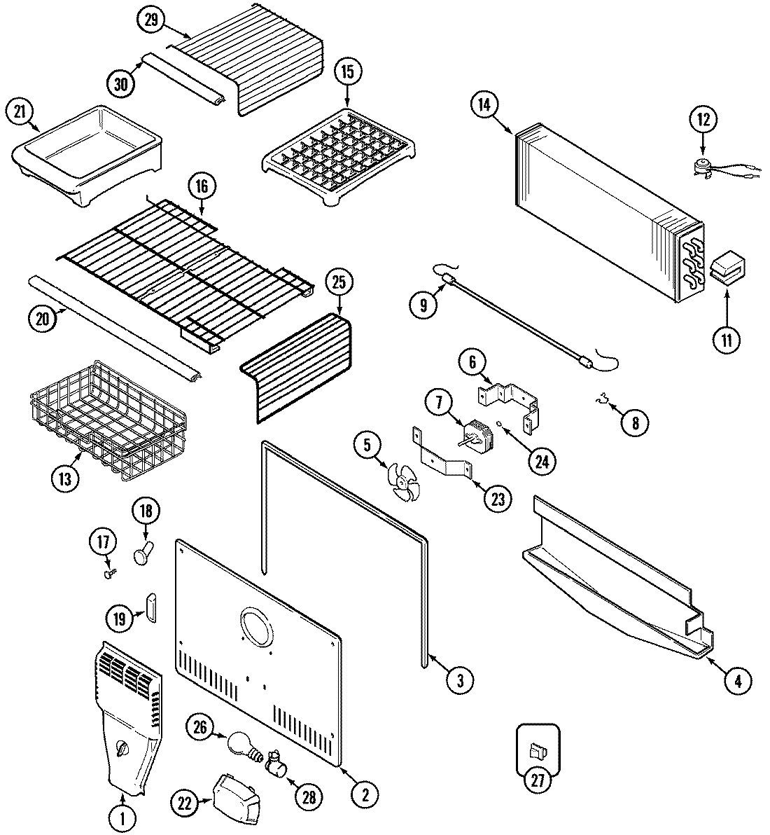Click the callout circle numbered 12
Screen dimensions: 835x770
703,119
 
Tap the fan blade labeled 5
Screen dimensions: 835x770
404,481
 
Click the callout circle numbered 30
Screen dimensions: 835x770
122,83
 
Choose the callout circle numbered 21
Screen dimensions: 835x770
20,112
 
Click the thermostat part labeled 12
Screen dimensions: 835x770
701,166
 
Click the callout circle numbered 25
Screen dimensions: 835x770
339,284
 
